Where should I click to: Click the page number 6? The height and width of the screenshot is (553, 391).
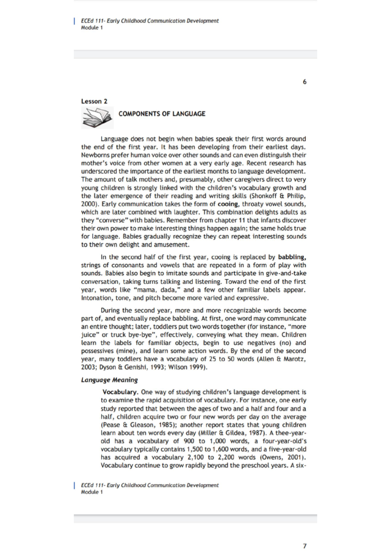click(x=304, y=82)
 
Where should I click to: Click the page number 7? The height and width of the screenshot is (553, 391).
click(x=304, y=546)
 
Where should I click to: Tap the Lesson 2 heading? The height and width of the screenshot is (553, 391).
click(x=94, y=101)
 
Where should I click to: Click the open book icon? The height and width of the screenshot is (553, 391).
click(x=97, y=118)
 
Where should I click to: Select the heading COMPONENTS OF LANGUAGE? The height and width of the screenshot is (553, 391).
click(x=162, y=114)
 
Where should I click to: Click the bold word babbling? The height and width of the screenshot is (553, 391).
click(x=292, y=257)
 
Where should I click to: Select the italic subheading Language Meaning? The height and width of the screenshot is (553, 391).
click(x=109, y=380)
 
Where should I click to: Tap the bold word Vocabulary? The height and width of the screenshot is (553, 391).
click(x=119, y=392)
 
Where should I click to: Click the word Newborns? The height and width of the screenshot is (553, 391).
click(x=95, y=155)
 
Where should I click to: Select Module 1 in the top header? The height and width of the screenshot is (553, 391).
click(x=92, y=28)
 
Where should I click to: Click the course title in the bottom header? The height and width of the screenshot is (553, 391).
click(x=150, y=485)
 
